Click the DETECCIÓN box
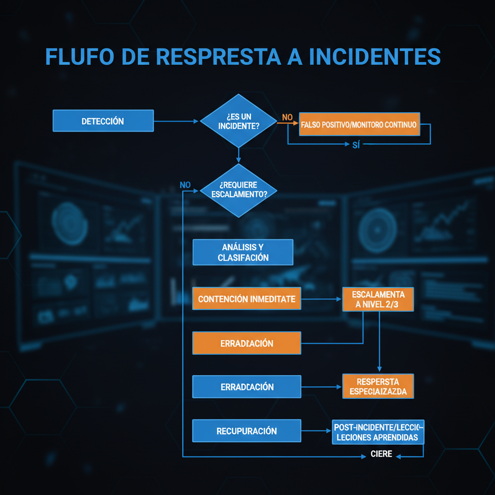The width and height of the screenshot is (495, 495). point(102,121)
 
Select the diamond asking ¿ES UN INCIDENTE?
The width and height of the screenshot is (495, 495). point(238,121)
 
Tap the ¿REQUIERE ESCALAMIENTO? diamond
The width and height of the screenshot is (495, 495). point(238,189)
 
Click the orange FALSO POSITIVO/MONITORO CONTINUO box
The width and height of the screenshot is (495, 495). point(359,124)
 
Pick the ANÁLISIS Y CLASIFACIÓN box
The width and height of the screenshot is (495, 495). point(243,252)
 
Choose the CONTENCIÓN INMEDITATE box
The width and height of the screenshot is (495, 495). point(247,299)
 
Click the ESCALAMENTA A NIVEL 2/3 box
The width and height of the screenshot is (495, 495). point(378,299)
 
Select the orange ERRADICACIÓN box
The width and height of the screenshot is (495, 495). point(247,343)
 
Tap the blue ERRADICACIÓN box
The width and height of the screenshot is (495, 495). point(247,387)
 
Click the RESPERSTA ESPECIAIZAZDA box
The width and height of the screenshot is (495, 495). point(378,386)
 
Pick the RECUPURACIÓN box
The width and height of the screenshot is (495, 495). point(247,431)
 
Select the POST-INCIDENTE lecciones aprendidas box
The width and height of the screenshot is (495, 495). point(378,432)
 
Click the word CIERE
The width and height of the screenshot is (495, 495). point(381,454)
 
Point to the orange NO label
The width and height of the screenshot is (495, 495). point(287,117)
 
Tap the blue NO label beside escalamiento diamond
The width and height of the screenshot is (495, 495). point(185,185)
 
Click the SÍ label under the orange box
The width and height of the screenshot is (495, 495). point(356,145)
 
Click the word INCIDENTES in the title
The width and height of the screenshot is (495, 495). point(375,57)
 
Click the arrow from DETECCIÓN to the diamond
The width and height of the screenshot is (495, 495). point(176,121)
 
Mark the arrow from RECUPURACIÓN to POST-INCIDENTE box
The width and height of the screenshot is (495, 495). point(317,431)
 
